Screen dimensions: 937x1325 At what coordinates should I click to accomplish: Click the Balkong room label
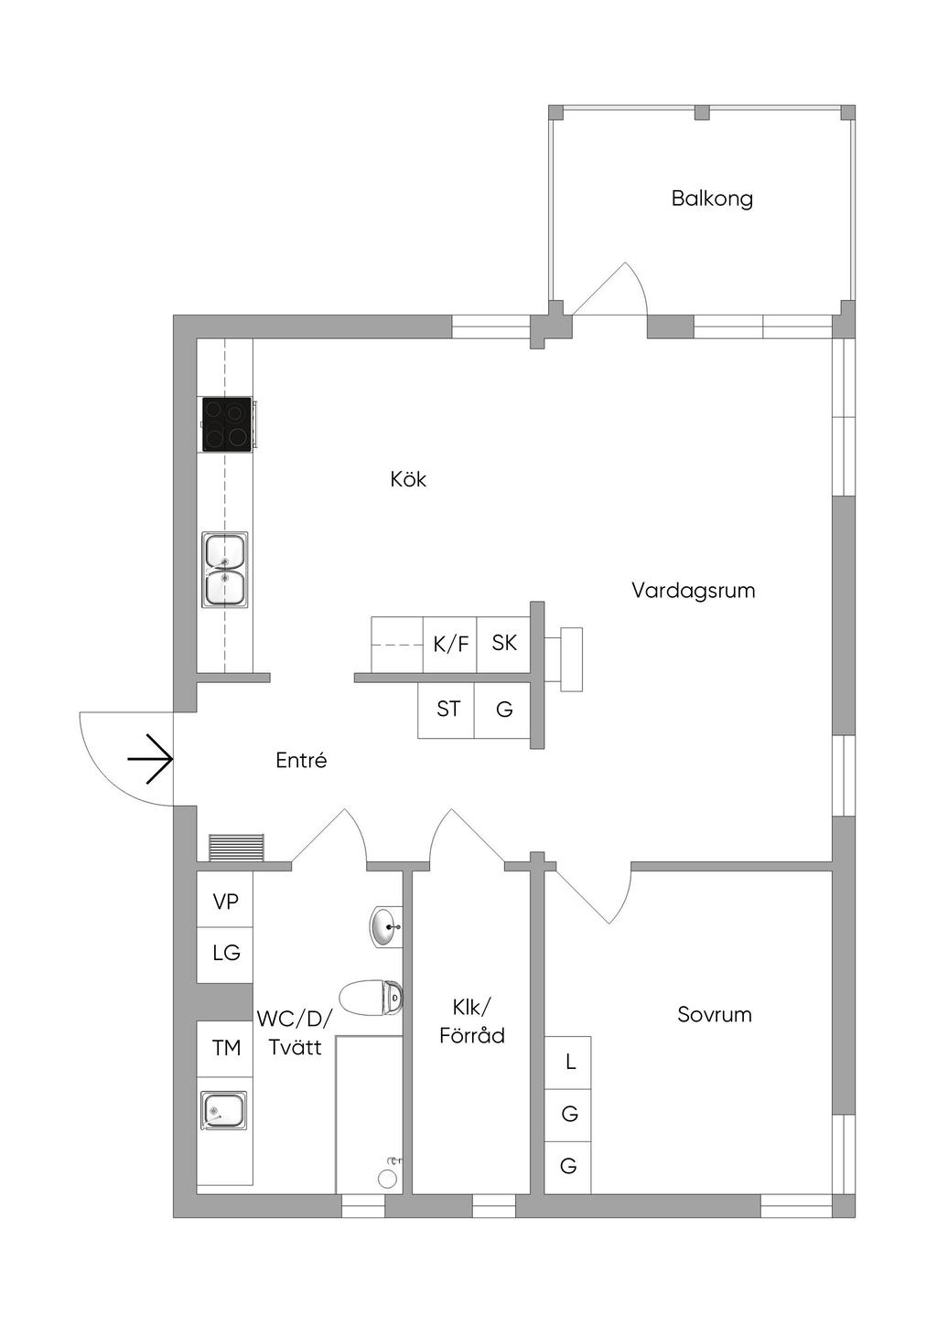(x=712, y=198)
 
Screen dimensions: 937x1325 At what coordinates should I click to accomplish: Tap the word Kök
(x=408, y=478)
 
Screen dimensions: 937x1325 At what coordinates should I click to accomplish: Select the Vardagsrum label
(x=693, y=591)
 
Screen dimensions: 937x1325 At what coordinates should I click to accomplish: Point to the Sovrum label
(x=715, y=1014)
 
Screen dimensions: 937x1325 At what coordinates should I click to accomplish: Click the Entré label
(x=301, y=760)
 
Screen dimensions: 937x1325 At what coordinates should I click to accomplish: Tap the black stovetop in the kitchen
(x=227, y=424)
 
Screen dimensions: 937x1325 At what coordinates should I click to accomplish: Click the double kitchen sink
(x=225, y=569)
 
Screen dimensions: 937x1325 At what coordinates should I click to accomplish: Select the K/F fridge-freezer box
(x=450, y=644)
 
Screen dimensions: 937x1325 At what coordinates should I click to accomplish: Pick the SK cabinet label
(x=504, y=643)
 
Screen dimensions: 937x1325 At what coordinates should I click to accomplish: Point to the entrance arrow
(x=150, y=759)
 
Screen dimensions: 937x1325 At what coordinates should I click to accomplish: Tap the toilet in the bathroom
(x=372, y=998)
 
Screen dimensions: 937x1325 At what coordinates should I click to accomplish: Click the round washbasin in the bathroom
(x=386, y=927)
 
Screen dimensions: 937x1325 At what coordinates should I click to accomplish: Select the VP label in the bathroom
(x=225, y=902)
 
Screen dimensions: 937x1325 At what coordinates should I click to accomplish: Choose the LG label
(x=226, y=952)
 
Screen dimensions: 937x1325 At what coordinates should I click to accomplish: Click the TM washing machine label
(x=226, y=1048)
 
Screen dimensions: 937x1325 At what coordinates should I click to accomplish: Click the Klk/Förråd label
(x=472, y=1021)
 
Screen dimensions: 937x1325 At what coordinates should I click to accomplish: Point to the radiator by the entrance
(x=237, y=847)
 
